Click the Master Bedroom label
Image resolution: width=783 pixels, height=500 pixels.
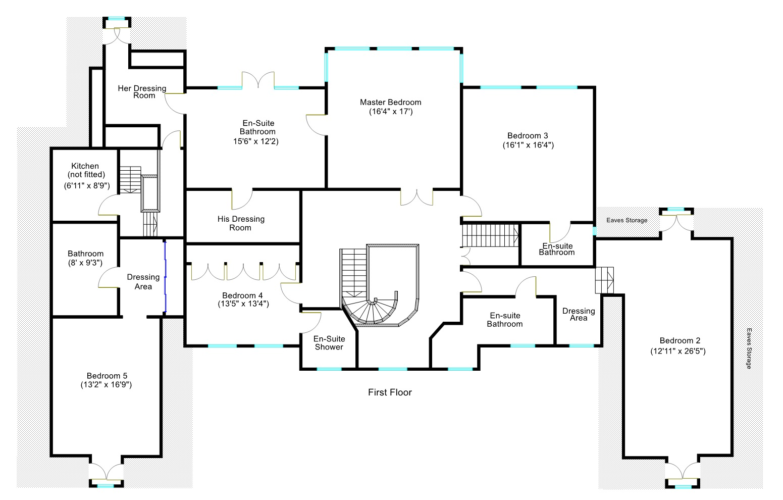click(x=390, y=102)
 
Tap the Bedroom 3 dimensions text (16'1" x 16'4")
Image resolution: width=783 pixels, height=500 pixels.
click(x=528, y=145)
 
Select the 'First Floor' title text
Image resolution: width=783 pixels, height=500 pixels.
click(x=390, y=392)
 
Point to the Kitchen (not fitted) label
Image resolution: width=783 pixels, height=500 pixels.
click(x=85, y=170)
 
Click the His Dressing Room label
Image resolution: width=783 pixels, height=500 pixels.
click(x=241, y=223)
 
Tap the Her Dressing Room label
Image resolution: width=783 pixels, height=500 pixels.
click(x=142, y=91)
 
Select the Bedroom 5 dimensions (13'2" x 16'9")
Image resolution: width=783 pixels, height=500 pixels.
click(x=107, y=384)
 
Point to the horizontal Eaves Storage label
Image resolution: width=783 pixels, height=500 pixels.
click(x=627, y=220)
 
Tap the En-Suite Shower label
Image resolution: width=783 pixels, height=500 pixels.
click(x=329, y=343)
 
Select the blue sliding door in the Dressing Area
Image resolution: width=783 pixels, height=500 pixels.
click(x=165, y=278)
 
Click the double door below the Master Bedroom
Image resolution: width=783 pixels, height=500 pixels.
click(x=416, y=197)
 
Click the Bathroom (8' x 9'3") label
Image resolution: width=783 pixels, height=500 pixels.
click(x=85, y=258)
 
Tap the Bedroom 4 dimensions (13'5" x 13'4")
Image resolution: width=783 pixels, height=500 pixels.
click(x=239, y=304)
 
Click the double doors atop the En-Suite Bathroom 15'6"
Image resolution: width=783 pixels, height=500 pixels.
click(x=258, y=80)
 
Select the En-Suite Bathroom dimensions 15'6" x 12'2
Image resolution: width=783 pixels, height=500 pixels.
click(x=256, y=141)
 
